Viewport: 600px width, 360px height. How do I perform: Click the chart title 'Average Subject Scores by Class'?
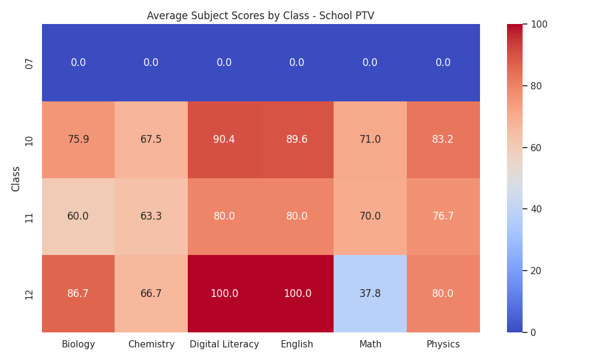pos(228,16)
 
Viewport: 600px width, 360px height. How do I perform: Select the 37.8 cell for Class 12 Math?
pos(370,293)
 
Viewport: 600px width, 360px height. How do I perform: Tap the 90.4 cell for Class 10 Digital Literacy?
pos(224,140)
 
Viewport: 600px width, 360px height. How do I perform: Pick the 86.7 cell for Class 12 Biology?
pos(78,293)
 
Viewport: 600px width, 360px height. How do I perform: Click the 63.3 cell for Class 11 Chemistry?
pos(151,217)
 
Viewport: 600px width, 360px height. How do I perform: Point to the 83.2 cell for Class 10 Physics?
pos(443,140)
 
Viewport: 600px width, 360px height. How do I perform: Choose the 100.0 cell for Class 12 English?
pos(298,293)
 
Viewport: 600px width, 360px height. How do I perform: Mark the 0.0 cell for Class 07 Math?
pos(370,63)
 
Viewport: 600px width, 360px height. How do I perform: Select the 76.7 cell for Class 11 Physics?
pos(443,217)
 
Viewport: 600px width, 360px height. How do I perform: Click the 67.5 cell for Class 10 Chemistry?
pos(151,140)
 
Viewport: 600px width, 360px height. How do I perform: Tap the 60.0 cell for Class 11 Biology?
pos(78,217)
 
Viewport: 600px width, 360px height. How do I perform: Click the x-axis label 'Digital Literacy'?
pos(224,344)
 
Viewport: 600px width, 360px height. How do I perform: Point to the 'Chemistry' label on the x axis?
pos(151,344)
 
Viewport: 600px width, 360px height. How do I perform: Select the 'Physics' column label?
pos(443,344)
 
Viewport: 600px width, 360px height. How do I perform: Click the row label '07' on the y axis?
pos(29,64)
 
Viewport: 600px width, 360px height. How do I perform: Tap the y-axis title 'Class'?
pos(16,179)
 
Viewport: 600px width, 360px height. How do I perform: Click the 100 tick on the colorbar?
pos(539,25)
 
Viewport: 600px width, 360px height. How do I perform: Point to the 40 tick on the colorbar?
pos(536,209)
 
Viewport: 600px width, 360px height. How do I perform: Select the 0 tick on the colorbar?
pos(533,332)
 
